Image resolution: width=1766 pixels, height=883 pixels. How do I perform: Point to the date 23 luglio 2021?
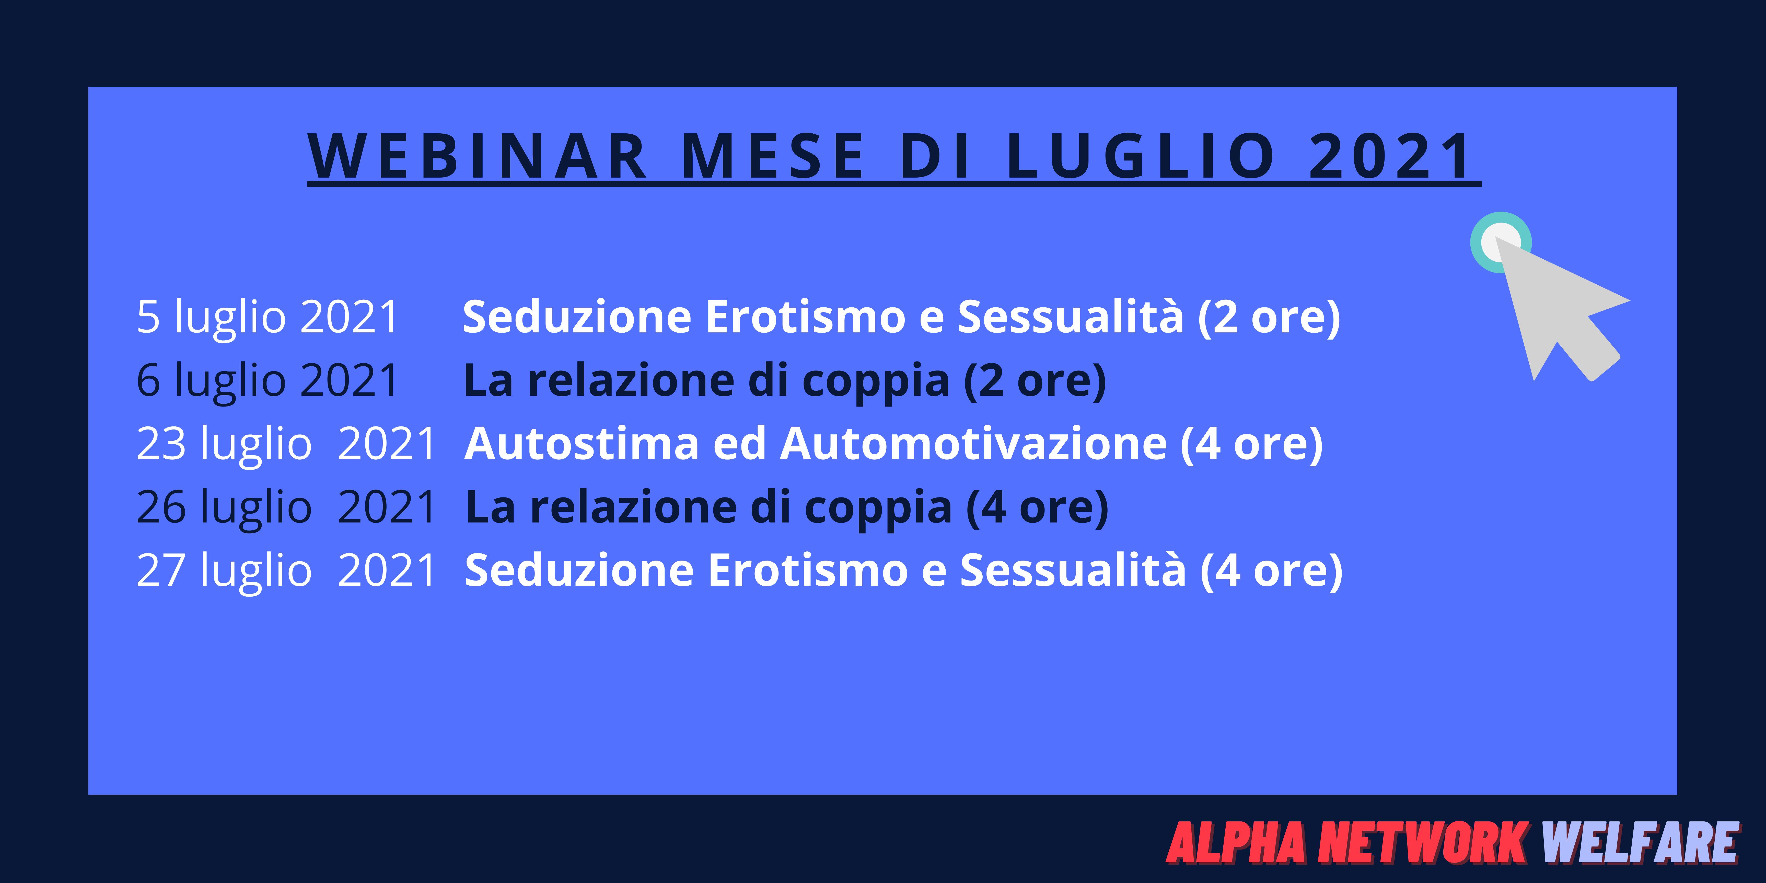point(286,444)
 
